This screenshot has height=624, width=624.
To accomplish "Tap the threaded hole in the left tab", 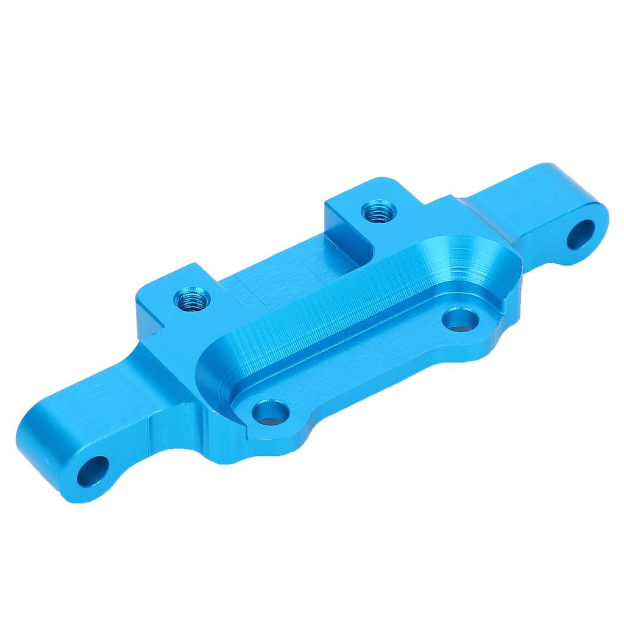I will pyautogui.click(x=191, y=299).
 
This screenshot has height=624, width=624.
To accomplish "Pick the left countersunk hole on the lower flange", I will pyautogui.click(x=269, y=412).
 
